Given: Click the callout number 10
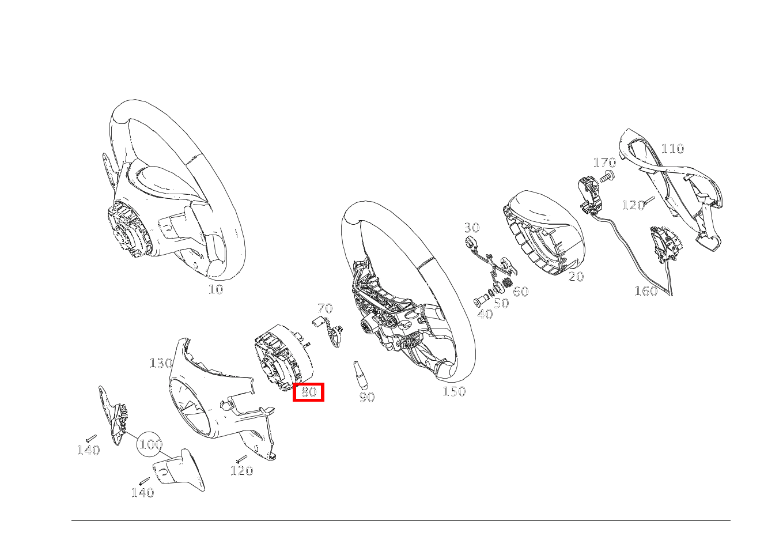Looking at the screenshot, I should (215, 289).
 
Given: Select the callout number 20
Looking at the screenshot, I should (576, 277).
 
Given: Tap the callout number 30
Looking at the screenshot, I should (472, 228).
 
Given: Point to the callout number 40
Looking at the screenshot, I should (485, 315).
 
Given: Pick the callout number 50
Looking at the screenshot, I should (501, 304).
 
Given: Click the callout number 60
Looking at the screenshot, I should (520, 292).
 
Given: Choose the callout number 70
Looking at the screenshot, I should (325, 308).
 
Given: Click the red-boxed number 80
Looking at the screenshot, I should (309, 392).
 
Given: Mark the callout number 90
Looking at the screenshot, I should (367, 397).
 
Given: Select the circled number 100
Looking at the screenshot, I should (150, 444).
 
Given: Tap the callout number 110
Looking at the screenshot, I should (672, 149).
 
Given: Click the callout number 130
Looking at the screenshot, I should (161, 363).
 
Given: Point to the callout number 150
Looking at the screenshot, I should (454, 392).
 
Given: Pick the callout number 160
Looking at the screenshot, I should (646, 291).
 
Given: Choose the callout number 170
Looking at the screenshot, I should (604, 163).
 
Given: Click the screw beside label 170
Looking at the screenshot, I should (606, 178).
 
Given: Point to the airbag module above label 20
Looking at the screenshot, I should (544, 231).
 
